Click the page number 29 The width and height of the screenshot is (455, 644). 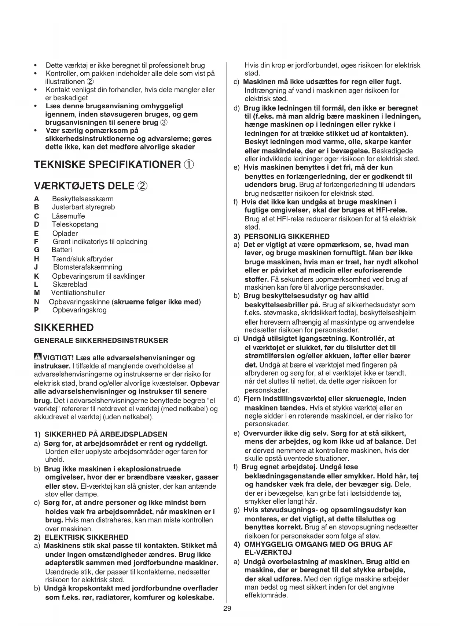[x=227, y=609]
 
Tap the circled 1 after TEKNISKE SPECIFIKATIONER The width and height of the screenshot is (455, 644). [x=188, y=164]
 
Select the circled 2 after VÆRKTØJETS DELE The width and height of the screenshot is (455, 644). [x=142, y=186]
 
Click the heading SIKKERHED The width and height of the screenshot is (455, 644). [x=64, y=328]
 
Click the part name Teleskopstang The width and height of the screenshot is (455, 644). [x=75, y=224]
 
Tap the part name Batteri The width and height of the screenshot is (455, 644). [x=62, y=250]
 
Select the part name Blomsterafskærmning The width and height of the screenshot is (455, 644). [x=88, y=267]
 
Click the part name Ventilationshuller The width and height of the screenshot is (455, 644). [x=78, y=293]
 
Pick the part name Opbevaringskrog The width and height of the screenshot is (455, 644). [x=80, y=310]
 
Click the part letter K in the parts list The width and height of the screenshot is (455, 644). [x=36, y=276]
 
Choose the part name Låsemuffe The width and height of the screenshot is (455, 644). [x=68, y=216]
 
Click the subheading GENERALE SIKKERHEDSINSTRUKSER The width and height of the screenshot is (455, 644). [x=101, y=341]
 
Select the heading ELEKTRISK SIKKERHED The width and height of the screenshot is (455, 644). [x=86, y=537]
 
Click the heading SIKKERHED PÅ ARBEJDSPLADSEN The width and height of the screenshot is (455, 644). [x=106, y=434]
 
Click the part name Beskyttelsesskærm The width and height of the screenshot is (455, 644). [x=83, y=199]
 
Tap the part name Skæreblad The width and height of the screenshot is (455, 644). [x=70, y=285]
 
